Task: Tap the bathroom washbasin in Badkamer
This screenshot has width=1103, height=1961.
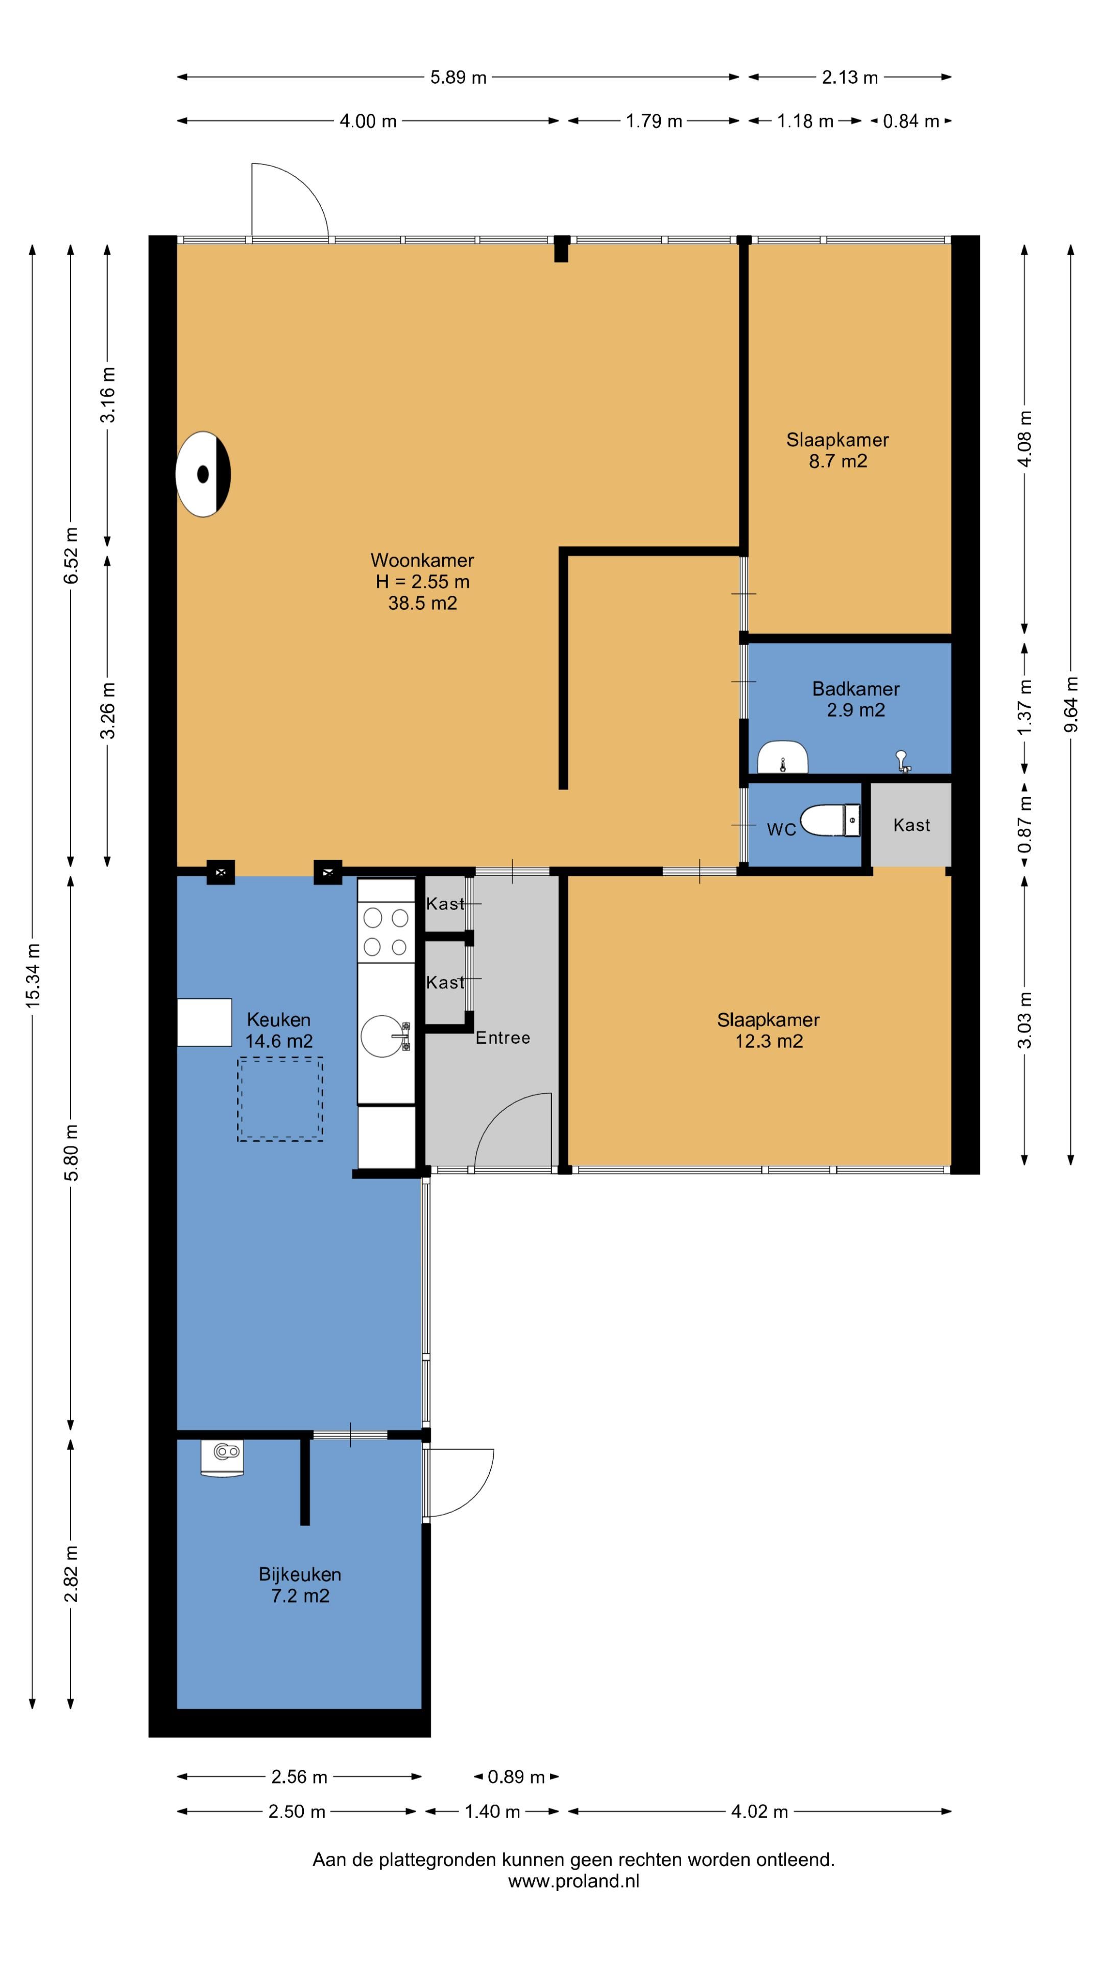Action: (782, 757)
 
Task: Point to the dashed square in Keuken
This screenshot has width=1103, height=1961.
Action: (280, 1098)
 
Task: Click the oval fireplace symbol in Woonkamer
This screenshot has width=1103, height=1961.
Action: (203, 474)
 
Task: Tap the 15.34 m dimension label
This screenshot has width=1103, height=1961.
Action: (33, 976)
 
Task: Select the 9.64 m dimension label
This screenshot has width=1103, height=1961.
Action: (1071, 704)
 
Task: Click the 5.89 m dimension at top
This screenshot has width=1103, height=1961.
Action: (458, 77)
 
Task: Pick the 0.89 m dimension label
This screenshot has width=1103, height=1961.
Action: (516, 1777)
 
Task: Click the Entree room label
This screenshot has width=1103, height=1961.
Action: (502, 1038)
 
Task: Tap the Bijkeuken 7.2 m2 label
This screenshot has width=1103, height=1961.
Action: (300, 1585)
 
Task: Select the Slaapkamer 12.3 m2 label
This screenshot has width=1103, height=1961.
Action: (768, 1030)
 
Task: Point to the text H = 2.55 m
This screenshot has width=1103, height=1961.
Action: (422, 582)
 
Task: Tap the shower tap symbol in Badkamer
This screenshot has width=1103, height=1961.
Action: (903, 760)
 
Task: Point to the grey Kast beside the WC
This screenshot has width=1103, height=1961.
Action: (911, 824)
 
